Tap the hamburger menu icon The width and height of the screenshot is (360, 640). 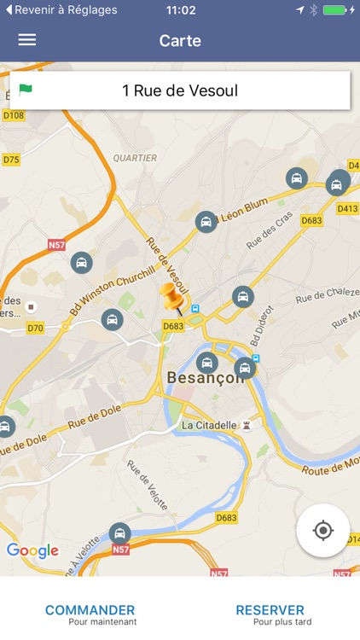[x=27, y=40]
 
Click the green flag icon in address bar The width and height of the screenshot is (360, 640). [x=26, y=90]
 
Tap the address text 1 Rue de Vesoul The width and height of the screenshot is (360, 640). [x=180, y=90]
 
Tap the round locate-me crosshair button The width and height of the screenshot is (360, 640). [x=323, y=530]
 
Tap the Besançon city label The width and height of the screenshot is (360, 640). [x=205, y=377]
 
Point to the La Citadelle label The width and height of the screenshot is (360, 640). [x=208, y=425]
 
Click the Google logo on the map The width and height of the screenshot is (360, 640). [x=32, y=550]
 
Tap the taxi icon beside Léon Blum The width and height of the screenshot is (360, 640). [x=206, y=222]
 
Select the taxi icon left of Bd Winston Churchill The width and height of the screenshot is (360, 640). [x=81, y=262]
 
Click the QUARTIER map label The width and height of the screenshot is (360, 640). [x=135, y=158]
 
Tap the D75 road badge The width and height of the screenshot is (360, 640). [x=11, y=160]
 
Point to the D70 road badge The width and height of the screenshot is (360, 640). [x=35, y=328]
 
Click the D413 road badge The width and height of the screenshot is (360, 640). [x=346, y=208]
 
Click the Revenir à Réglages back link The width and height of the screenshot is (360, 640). [x=60, y=10]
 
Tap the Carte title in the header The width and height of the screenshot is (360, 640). [x=180, y=40]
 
